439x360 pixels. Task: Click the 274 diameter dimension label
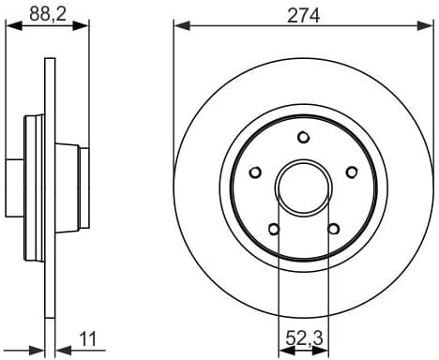point(303,14)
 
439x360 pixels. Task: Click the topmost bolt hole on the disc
point(303,137)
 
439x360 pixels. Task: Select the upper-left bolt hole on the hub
point(254,172)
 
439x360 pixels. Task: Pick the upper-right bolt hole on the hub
point(352,172)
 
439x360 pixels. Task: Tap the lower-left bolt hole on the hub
point(273,228)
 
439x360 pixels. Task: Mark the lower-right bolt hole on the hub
point(333,228)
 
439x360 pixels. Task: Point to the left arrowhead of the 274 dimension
point(178,26)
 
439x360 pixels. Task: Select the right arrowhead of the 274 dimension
point(428,26)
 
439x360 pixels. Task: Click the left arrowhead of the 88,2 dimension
point(11,26)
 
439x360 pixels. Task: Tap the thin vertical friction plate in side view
point(49,187)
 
